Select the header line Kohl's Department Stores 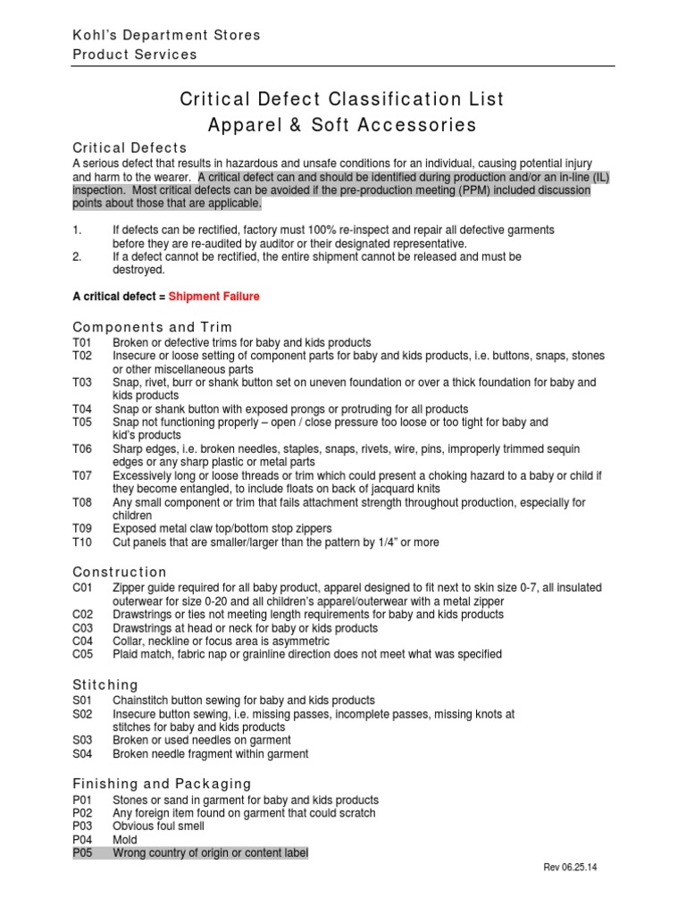point(166,35)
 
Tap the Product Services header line point(134,55)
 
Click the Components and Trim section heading point(153,328)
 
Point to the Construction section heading point(120,572)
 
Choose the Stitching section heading point(105,684)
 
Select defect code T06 point(81,449)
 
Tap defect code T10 point(81,542)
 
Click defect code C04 point(82,641)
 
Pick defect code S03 point(82,741)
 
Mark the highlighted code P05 point(82,853)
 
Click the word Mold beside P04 point(125,840)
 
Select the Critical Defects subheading point(130,147)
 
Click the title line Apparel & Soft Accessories point(342,125)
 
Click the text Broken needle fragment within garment point(210,754)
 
